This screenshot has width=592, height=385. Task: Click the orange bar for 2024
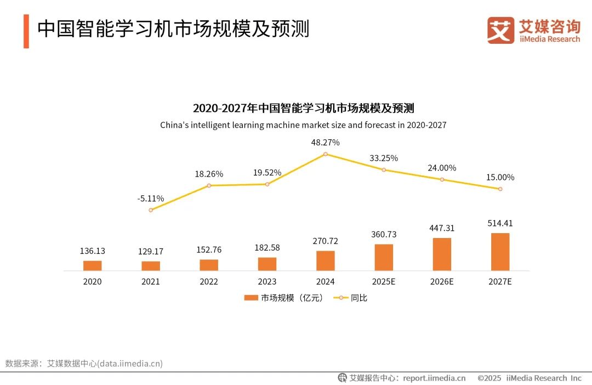click(x=325, y=261)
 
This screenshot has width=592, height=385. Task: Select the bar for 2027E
click(x=500, y=252)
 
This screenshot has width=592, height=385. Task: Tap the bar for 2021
click(x=151, y=265)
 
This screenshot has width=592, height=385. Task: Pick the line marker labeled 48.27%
click(x=325, y=154)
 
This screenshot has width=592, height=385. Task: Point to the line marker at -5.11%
click(x=151, y=210)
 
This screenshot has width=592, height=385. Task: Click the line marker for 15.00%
click(x=500, y=189)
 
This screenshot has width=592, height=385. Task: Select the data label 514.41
click(x=500, y=223)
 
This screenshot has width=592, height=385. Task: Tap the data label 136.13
click(x=92, y=251)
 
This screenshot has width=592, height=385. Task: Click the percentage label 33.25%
click(x=384, y=158)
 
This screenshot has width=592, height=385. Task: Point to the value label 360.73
click(x=384, y=234)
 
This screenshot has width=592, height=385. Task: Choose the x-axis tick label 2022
click(x=209, y=281)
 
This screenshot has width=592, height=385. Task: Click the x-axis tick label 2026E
click(x=442, y=281)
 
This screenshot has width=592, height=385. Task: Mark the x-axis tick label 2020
click(x=92, y=281)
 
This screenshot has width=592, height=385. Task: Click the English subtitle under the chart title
click(x=303, y=125)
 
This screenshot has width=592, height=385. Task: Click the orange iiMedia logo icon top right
click(x=500, y=30)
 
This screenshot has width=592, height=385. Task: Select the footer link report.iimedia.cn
click(x=434, y=378)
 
